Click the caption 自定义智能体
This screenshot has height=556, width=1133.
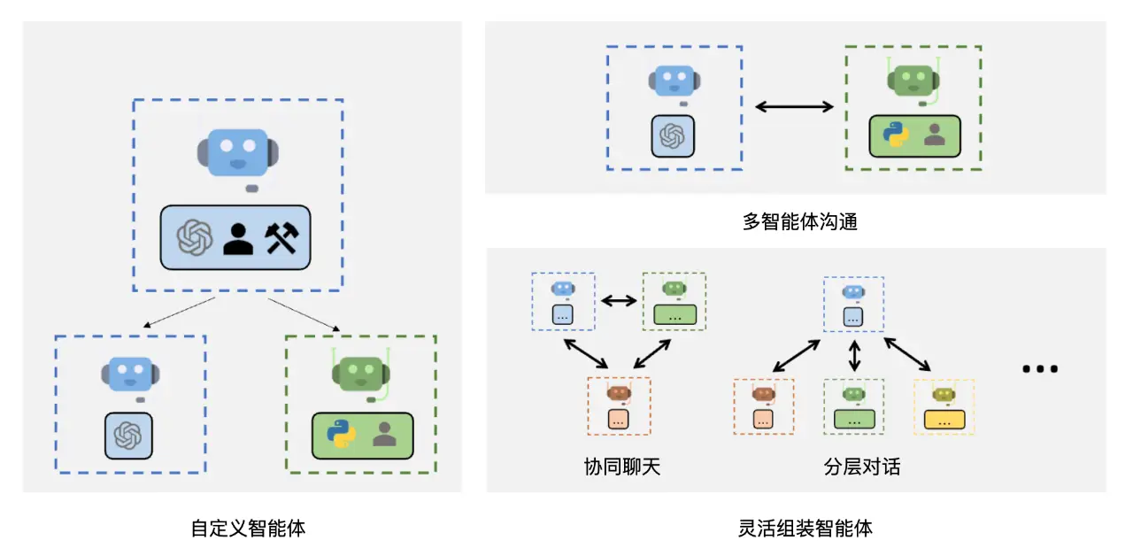(x=248, y=529)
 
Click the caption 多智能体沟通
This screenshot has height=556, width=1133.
(x=799, y=222)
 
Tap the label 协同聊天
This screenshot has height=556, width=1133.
(x=621, y=467)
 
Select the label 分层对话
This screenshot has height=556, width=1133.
(x=861, y=467)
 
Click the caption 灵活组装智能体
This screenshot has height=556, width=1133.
(x=805, y=529)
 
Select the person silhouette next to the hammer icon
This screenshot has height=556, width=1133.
(x=238, y=237)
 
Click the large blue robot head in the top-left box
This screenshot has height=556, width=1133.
(x=237, y=152)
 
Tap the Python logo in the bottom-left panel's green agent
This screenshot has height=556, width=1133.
(x=340, y=435)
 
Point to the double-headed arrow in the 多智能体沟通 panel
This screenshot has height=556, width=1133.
(x=794, y=107)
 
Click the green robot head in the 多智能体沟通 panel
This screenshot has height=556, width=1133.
(x=912, y=81)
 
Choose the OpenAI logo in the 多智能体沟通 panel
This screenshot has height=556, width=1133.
(x=673, y=136)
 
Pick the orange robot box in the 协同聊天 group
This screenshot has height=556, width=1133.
(x=619, y=405)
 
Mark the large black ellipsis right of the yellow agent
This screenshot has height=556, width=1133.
(x=1040, y=368)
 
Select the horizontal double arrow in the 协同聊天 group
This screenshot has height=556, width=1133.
(x=619, y=300)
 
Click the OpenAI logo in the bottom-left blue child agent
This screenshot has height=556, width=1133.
(x=128, y=435)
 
